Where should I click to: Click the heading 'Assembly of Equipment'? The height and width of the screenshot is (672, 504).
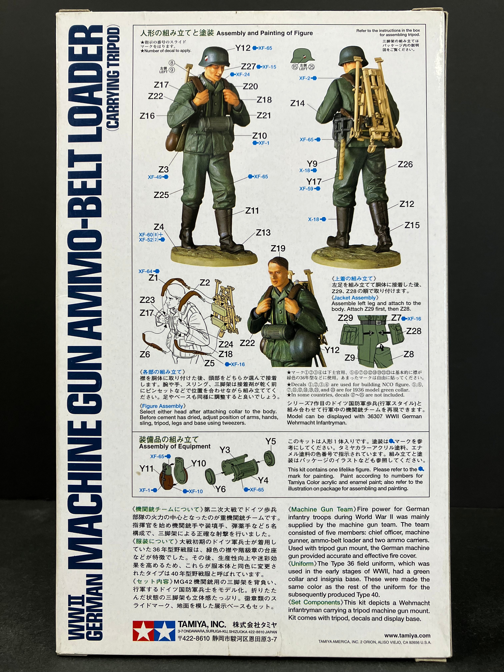click(x=175, y=446)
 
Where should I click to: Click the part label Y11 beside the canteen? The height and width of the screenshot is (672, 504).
click(x=146, y=469)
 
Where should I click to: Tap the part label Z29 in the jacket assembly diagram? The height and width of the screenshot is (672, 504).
click(x=345, y=318)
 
